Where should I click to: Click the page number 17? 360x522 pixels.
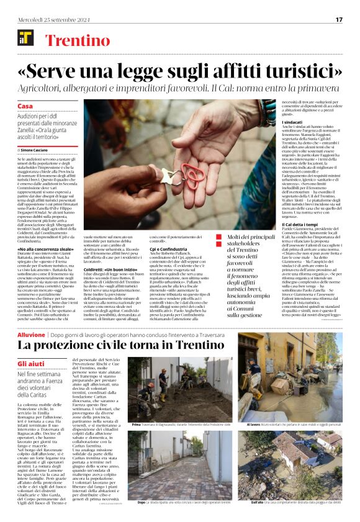click(x=339, y=19)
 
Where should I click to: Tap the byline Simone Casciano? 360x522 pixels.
click(x=37, y=150)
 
